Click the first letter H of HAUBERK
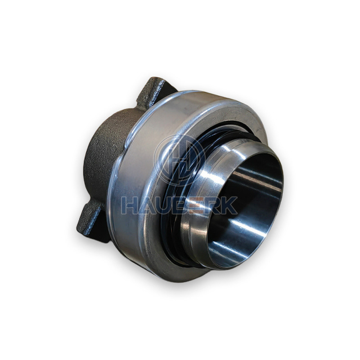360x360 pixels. click(129, 205)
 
